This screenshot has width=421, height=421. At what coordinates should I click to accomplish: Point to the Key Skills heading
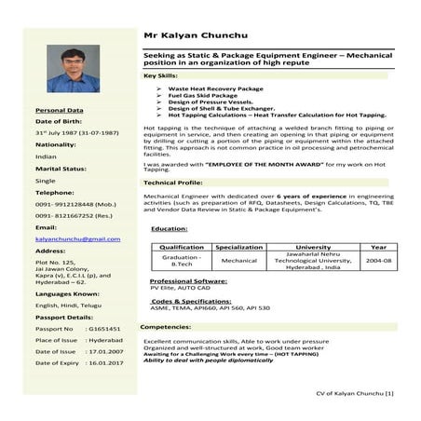click(162, 74)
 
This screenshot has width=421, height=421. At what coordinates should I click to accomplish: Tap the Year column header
click(377, 247)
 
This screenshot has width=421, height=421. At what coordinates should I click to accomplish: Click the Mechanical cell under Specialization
click(239, 262)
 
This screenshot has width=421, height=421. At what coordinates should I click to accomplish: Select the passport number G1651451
click(103, 329)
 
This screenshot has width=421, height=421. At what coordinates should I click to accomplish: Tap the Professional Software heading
click(188, 280)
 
